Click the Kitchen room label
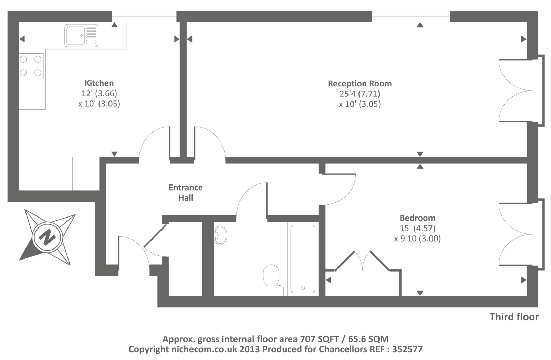tap(99, 83)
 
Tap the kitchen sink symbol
tap(81, 35)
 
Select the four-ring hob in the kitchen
tap(31, 66)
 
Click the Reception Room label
tap(360, 83)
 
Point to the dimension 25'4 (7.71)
tap(360, 94)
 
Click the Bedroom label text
tap(417, 218)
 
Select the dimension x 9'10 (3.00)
tap(417, 239)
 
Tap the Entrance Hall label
tap(186, 192)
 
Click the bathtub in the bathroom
tap(303, 259)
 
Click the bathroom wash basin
tap(220, 235)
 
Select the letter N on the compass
tap(47, 237)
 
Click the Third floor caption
tap(514, 317)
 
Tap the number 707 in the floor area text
tap(308, 339)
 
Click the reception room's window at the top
tap(411, 16)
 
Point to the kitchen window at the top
tap(144, 16)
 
